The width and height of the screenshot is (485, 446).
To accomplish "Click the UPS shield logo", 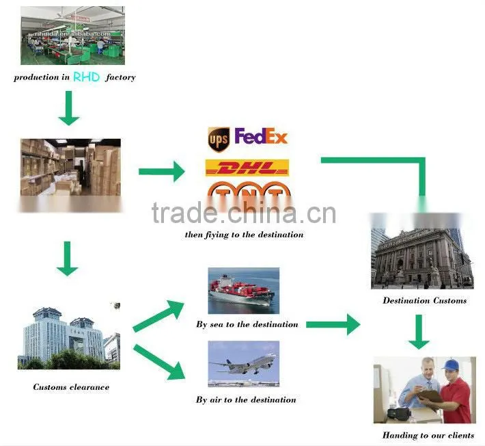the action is tap(219, 140).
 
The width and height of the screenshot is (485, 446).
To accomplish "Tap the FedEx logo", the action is tap(261, 136).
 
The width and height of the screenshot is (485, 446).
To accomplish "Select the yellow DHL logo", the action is tap(247, 168).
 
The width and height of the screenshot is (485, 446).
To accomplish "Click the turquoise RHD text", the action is tap(86, 77).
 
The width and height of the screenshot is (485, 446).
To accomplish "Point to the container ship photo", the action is tap(244, 291).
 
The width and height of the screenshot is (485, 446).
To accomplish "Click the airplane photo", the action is tap(244, 364).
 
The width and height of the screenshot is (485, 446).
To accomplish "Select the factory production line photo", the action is tap(72, 36).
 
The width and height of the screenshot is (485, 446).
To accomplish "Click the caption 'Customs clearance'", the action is tap(71, 387).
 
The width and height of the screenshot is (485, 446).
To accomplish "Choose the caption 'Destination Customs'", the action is tap(425, 300).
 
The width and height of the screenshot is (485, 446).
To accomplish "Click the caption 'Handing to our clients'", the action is tap(428, 435).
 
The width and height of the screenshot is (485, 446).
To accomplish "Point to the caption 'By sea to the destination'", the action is tap(247, 324).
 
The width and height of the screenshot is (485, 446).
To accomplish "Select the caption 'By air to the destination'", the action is tap(246, 399).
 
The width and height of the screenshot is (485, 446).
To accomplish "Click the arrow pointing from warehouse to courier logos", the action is tap(161, 171).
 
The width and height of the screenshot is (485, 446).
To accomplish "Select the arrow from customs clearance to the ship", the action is tap(158, 315).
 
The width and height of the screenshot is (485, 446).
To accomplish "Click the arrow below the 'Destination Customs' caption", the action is tap(419, 332).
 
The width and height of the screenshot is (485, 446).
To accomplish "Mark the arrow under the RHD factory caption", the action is tap(69, 108).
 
